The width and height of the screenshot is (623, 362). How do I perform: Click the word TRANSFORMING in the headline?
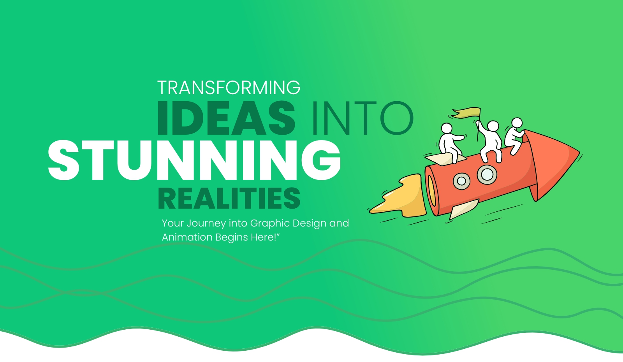[229, 88]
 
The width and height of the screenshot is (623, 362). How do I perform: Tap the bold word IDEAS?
[226, 118]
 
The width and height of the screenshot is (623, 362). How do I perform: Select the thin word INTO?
[363, 118]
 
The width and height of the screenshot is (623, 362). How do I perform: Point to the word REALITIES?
[229, 198]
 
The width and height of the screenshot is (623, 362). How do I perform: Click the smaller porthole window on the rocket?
[461, 181]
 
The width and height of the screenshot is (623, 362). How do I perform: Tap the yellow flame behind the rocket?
[401, 197]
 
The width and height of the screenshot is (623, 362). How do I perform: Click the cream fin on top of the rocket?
[445, 159]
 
